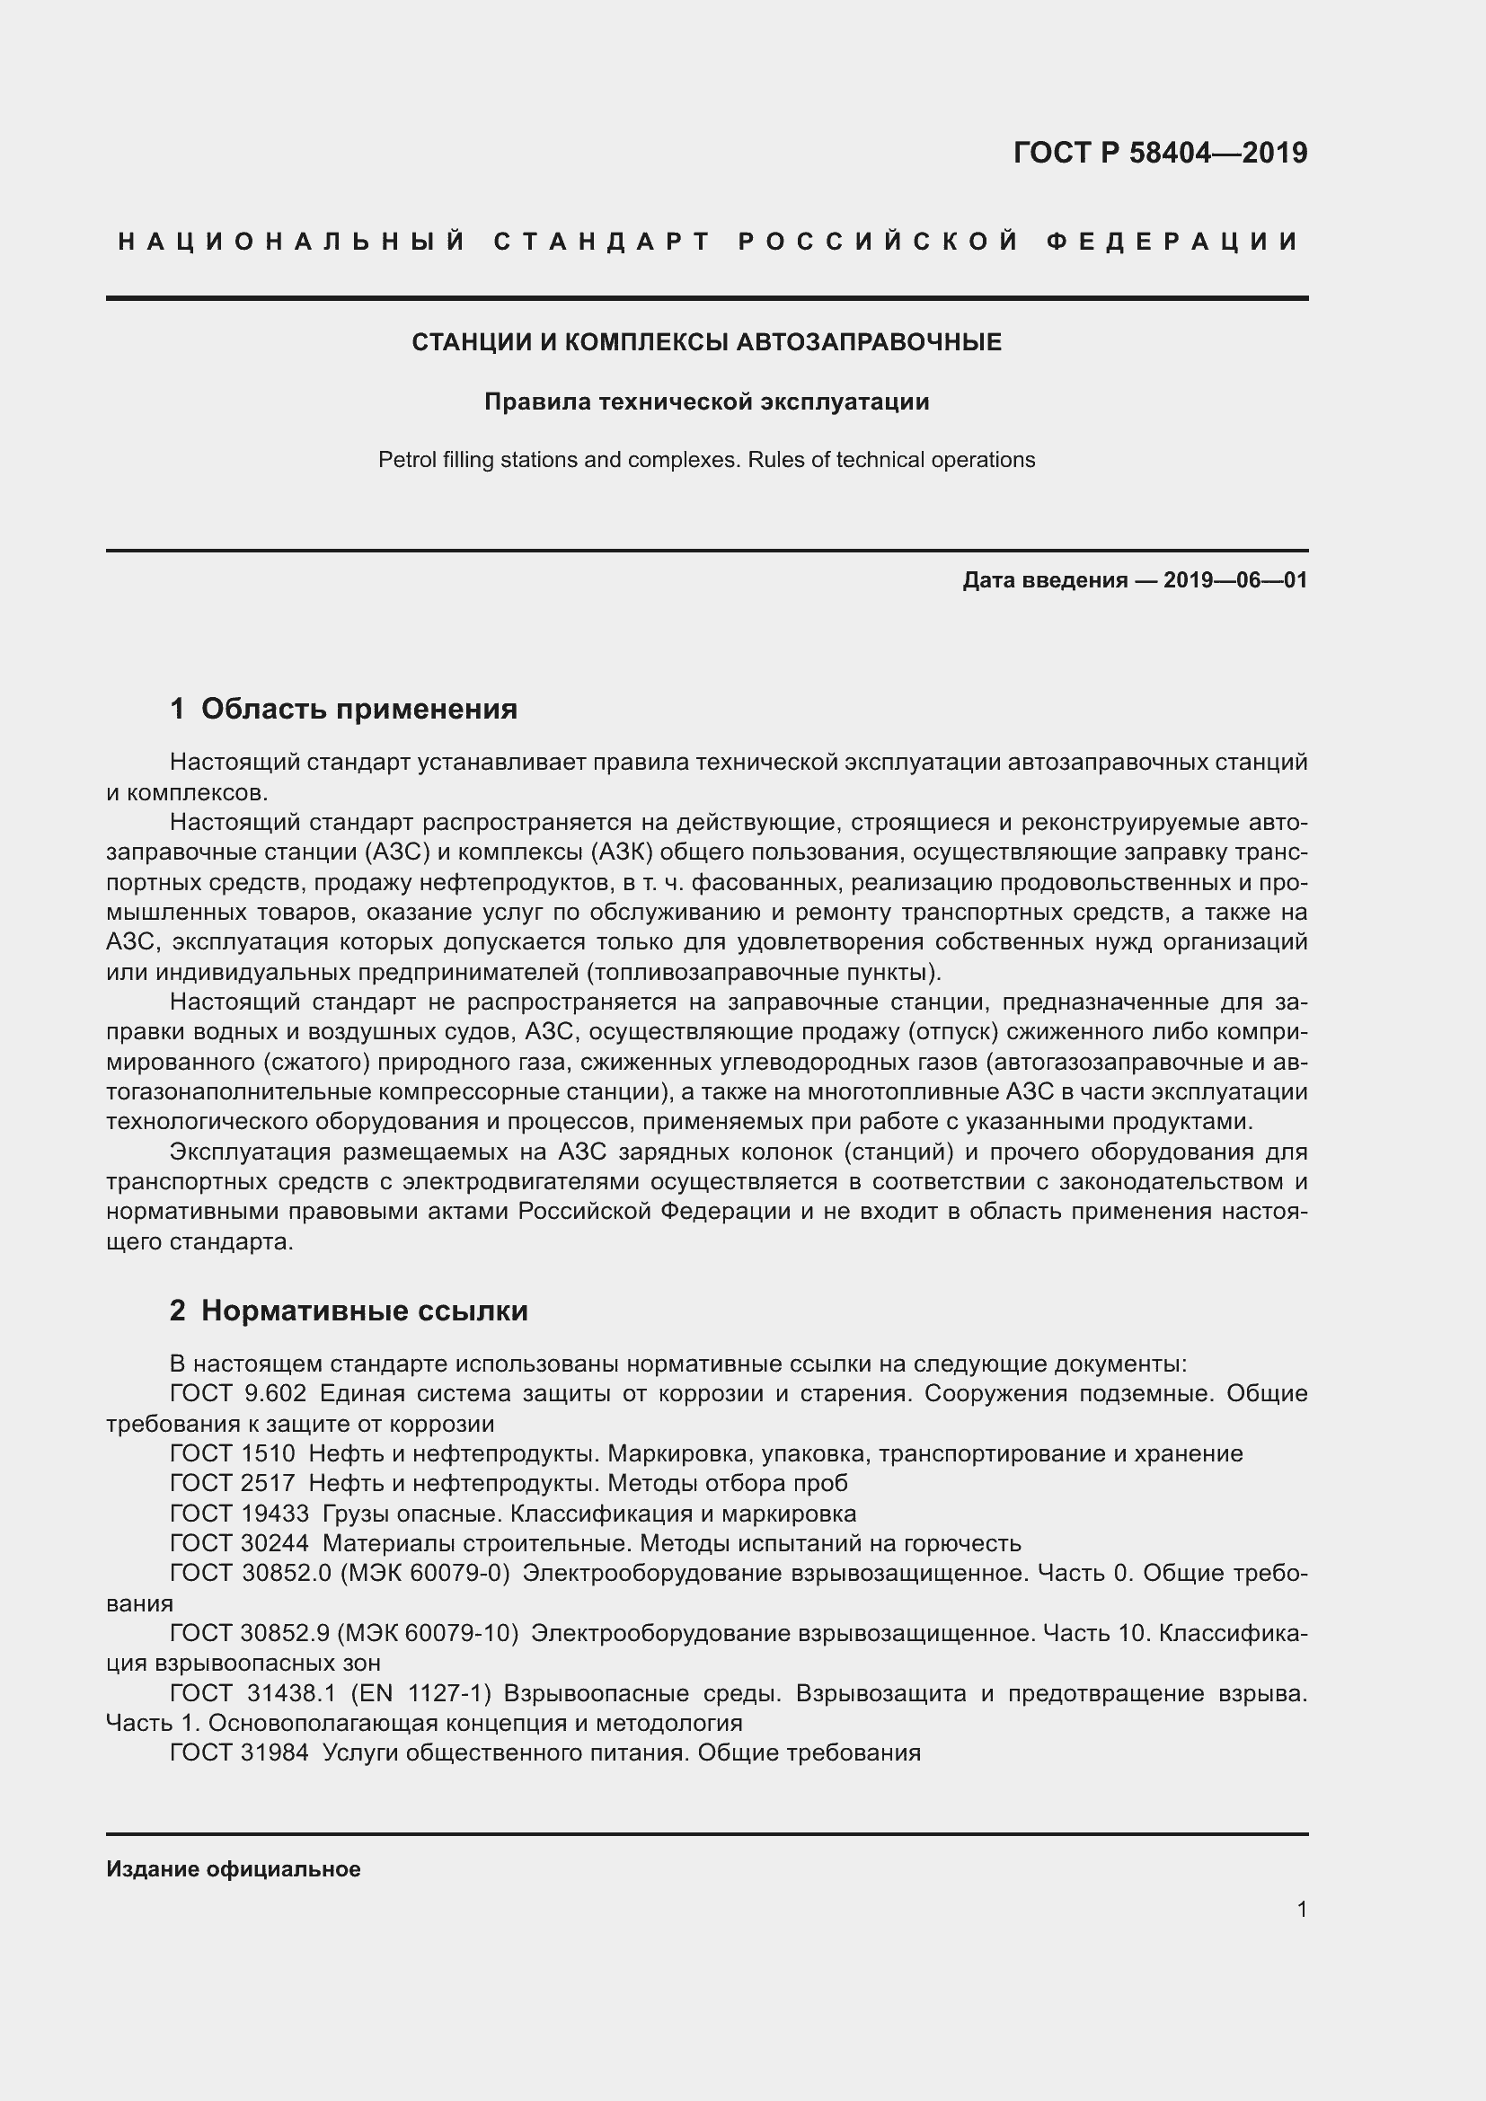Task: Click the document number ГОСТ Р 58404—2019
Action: click(1159, 153)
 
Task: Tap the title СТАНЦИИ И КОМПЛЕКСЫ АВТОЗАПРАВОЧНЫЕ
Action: click(706, 342)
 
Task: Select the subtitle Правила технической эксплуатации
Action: click(706, 402)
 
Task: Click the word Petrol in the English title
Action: click(406, 459)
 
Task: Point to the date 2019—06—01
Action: click(1235, 580)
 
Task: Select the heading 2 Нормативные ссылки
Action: click(349, 1311)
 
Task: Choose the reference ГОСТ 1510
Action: click(233, 1453)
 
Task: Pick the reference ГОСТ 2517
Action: click(233, 1482)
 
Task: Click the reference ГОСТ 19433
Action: click(240, 1513)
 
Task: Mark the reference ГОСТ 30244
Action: click(240, 1543)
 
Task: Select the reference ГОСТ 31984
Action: click(240, 1752)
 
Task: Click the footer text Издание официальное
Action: click(234, 1869)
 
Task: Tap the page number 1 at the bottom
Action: click(1301, 1909)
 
